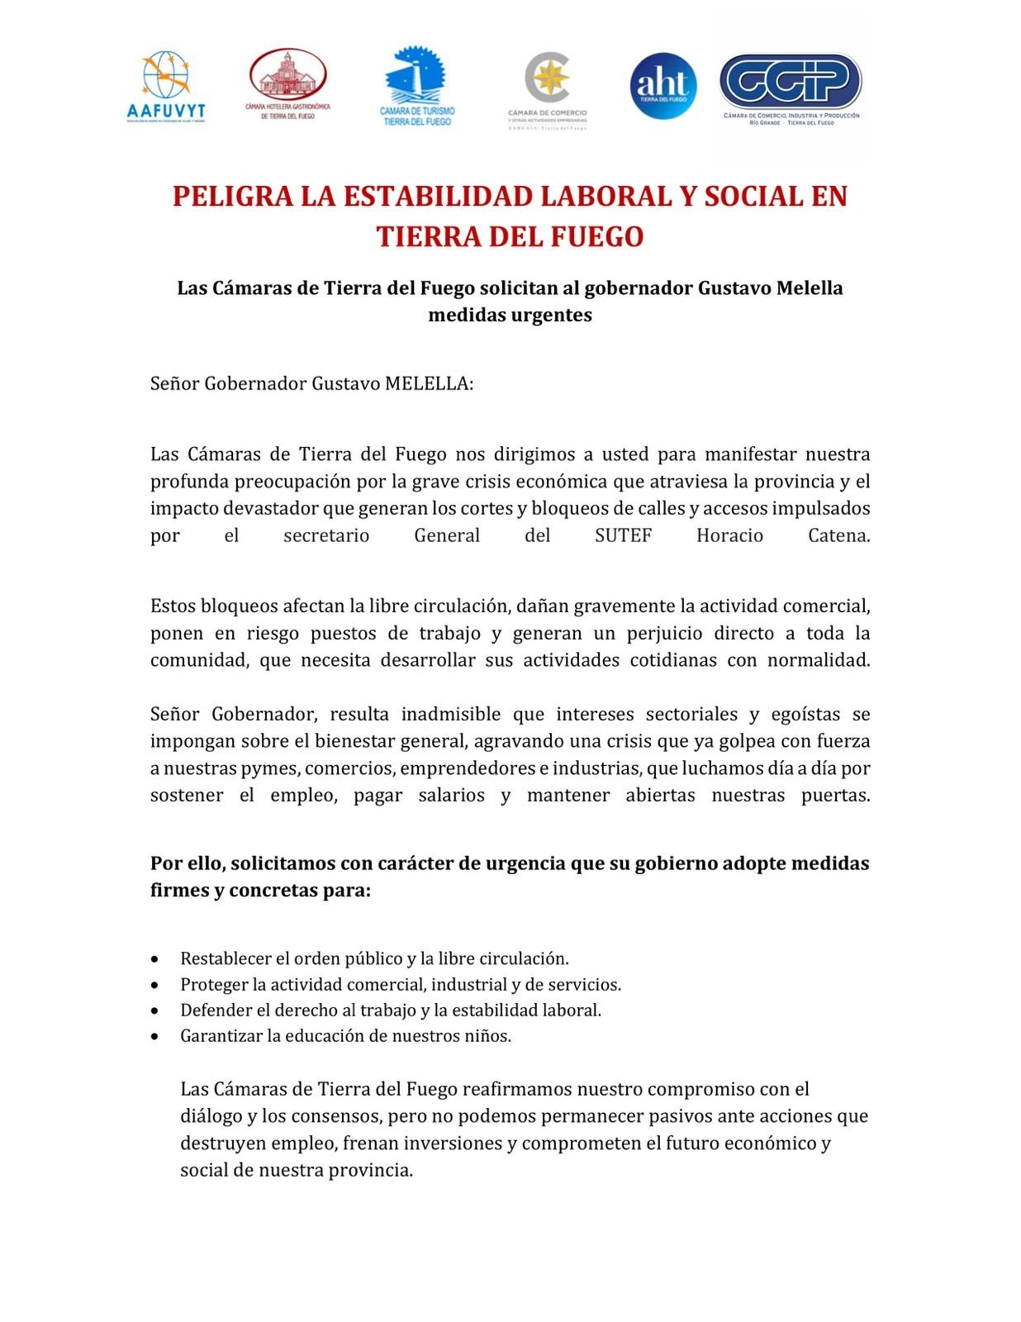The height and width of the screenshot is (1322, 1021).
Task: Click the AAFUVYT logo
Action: coord(166,87)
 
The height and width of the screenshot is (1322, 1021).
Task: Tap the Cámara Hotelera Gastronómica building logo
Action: coord(287,83)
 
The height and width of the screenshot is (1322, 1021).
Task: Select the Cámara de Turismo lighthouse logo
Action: coord(417,85)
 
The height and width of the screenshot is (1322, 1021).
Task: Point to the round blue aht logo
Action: coord(662,86)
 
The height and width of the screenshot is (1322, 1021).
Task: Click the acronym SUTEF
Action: coord(623,535)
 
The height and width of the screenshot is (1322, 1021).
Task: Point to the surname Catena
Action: coord(838,535)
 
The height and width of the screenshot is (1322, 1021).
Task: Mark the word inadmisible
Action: coord(451,714)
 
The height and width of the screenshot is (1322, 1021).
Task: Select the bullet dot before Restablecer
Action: coord(155,959)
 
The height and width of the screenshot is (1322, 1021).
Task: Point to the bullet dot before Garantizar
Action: coord(155,1036)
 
